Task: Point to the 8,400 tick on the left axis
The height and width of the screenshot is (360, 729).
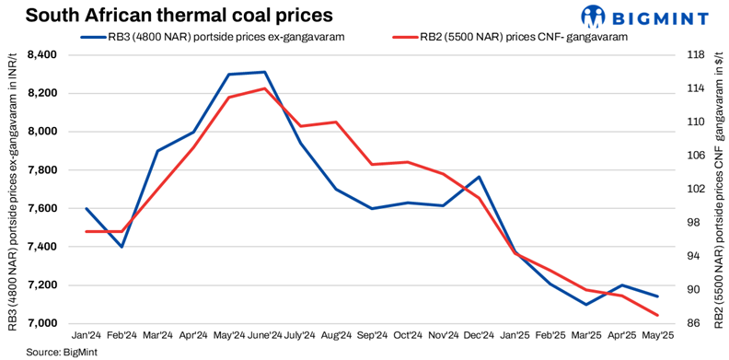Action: (42, 55)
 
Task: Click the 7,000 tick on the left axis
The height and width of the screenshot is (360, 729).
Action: (42, 323)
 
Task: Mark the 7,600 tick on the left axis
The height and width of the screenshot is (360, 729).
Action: (42, 208)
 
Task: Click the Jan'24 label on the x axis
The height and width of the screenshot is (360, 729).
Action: (86, 336)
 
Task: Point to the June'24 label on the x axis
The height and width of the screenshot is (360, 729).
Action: (264, 336)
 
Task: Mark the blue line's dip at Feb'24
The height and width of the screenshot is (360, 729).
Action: (121, 247)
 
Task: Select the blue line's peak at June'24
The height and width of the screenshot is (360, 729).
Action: (265, 72)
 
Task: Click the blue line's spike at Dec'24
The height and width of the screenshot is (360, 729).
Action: (479, 177)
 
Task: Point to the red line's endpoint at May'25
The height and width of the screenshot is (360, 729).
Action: (657, 315)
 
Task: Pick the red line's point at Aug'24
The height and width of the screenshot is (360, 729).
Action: (336, 122)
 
